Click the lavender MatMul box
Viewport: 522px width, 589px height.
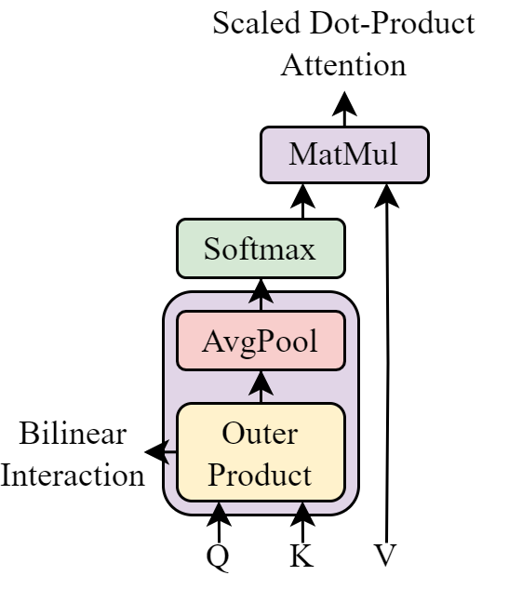tap(344, 154)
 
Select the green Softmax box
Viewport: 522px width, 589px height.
tap(261, 248)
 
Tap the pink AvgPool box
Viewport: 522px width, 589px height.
tap(261, 341)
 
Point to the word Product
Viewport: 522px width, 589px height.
tap(260, 475)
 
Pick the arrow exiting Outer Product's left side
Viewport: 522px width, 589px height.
tap(167, 452)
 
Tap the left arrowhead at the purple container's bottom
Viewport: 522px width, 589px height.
tap(220, 508)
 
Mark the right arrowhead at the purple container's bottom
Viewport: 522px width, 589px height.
tap(301, 508)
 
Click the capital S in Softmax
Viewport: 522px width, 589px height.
tap(212, 249)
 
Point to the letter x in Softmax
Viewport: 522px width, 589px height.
tap(308, 251)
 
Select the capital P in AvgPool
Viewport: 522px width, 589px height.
tap(266, 341)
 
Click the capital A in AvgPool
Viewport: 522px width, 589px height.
tap(212, 341)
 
